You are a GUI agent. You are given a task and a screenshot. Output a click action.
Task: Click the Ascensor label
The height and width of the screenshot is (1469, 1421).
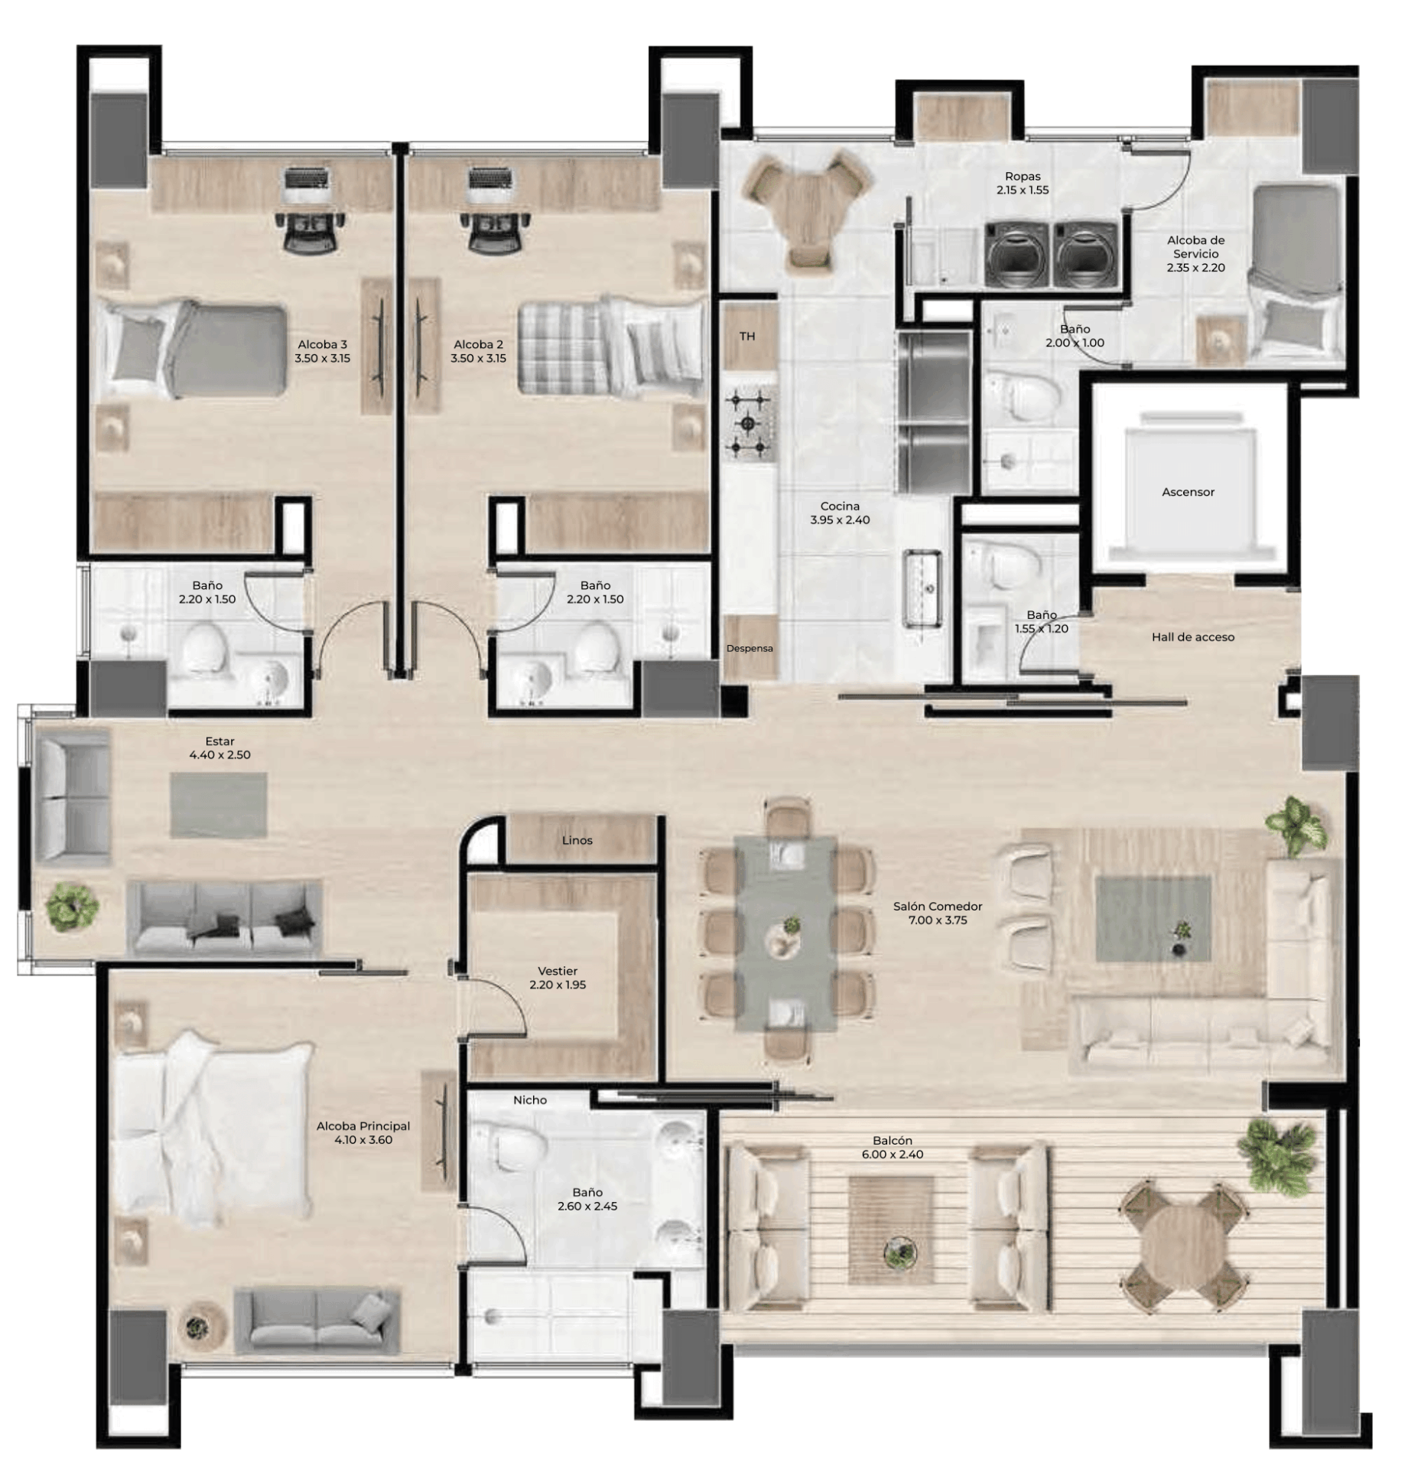click(1188, 492)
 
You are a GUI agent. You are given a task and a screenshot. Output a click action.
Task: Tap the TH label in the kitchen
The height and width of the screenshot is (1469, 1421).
click(747, 336)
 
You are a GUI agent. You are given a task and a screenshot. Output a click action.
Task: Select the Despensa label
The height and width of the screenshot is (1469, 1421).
click(750, 648)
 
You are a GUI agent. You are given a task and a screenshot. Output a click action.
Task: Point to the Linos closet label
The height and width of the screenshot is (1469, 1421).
click(577, 840)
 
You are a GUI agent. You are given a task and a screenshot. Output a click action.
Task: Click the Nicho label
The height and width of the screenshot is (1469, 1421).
click(530, 1099)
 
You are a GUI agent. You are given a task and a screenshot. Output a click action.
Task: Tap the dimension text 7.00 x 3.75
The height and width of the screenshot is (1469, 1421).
click(938, 920)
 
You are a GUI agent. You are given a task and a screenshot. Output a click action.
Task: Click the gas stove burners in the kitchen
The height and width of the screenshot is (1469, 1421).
click(750, 422)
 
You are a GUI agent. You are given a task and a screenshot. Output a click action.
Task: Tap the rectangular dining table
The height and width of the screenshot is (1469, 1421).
click(786, 933)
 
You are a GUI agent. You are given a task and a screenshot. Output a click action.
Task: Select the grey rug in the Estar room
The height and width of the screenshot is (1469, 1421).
click(219, 804)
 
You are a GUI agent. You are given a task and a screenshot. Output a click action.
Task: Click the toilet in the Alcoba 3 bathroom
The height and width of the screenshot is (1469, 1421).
click(206, 649)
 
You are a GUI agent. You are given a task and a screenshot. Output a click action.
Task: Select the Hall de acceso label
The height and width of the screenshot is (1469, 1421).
click(1193, 637)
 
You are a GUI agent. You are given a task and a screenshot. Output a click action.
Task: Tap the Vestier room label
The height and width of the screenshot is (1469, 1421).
click(558, 977)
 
